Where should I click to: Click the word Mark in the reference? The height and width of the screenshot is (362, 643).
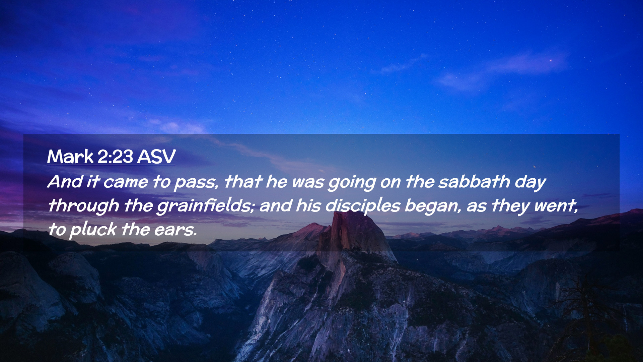(70, 157)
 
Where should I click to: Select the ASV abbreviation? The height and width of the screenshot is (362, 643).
(156, 157)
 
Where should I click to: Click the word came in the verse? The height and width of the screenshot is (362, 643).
(126, 182)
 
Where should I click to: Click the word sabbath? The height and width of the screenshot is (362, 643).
(474, 181)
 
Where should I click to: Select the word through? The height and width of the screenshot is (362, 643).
(83, 206)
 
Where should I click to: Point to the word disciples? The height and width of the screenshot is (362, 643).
(363, 206)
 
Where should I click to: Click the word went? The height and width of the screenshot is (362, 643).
(556, 206)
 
